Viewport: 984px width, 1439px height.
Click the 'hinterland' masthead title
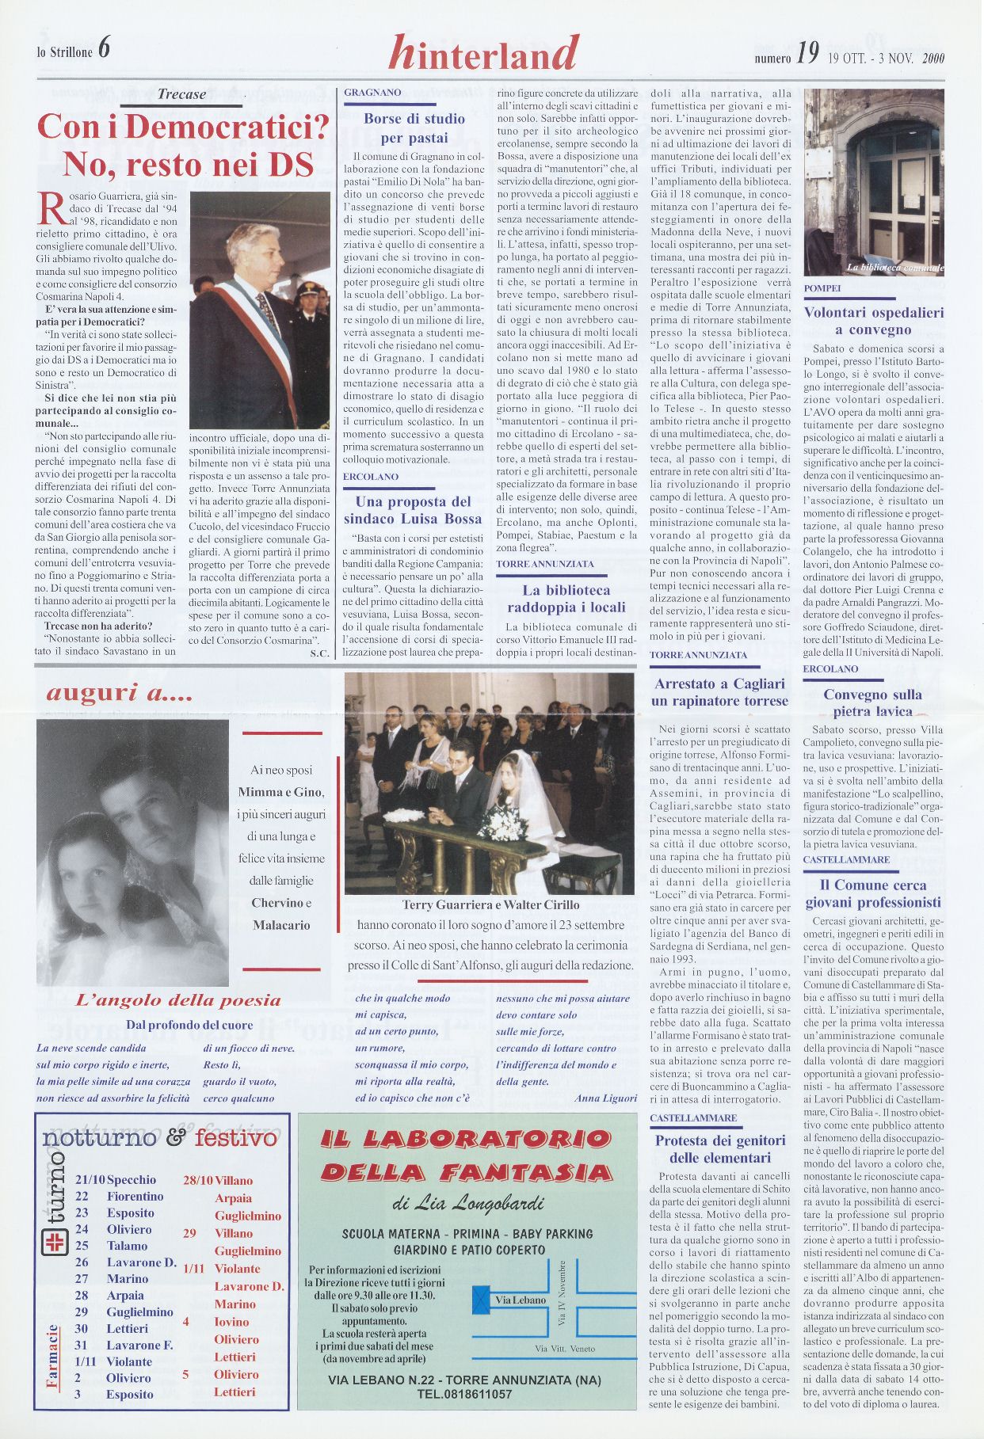pos(483,53)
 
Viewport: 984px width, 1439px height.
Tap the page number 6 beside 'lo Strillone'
pos(105,49)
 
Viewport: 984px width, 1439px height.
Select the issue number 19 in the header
pos(807,54)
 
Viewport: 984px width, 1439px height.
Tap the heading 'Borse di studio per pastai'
pos(414,128)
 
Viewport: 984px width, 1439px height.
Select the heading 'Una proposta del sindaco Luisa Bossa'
pos(413,510)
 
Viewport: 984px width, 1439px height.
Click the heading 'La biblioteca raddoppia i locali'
pos(566,599)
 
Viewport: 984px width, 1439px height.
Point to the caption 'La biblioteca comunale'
pos(894,268)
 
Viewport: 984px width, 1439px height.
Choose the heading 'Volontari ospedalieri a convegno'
pos(873,321)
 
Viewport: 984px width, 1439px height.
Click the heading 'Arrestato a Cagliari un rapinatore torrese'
pos(719,692)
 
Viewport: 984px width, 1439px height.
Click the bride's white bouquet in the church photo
pos(502,826)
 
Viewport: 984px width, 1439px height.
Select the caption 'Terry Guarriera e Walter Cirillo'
pos(490,904)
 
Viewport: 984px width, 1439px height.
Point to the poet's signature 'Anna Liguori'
pos(605,1098)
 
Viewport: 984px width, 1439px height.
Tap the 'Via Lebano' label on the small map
pos(520,1300)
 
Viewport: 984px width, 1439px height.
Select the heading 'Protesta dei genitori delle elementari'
pos(719,1149)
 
